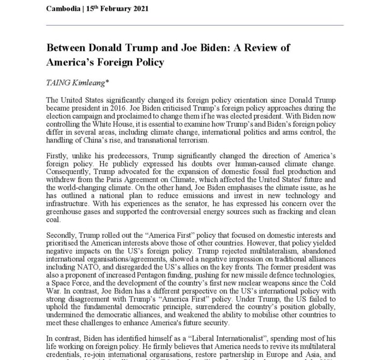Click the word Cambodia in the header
[65, 9]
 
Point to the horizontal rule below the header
[191, 25]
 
